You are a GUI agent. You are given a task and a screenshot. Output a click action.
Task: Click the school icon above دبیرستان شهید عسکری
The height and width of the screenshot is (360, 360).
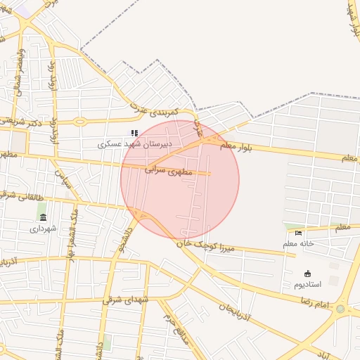pos(134,132)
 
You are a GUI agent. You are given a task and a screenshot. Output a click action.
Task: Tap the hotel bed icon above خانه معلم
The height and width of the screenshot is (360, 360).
pos(299,233)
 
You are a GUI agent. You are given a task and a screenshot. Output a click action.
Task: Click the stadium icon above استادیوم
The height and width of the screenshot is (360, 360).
pos(307,274)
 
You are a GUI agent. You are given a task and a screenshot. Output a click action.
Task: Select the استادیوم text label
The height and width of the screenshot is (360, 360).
pos(307,285)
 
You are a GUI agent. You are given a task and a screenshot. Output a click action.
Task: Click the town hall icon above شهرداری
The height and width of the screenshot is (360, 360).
pos(43,217)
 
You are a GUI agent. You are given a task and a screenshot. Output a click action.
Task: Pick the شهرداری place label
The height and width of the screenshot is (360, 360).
pos(42,229)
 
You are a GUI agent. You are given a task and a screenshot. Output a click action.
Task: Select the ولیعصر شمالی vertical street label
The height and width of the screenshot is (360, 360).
pos(20,67)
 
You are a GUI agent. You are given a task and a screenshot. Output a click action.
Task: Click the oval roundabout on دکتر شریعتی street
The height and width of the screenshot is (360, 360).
pos(80,122)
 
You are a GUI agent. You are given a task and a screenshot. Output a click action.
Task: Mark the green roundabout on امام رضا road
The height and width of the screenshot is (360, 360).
pos(341,308)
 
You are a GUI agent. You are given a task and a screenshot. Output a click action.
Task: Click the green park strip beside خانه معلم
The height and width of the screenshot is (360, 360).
pos(294,225)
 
